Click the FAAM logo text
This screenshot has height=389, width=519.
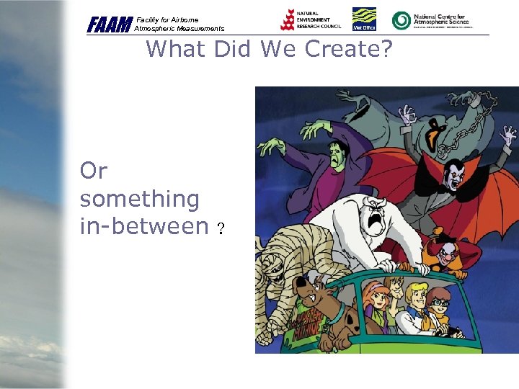(110, 24)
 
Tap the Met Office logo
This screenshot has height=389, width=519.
(363, 19)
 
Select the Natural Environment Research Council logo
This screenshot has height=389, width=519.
(310, 19)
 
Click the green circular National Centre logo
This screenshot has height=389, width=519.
(401, 20)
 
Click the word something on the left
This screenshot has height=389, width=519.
(140, 198)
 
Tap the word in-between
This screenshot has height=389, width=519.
(144, 226)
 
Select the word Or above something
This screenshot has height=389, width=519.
(93, 171)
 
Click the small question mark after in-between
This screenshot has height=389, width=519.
(221, 230)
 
